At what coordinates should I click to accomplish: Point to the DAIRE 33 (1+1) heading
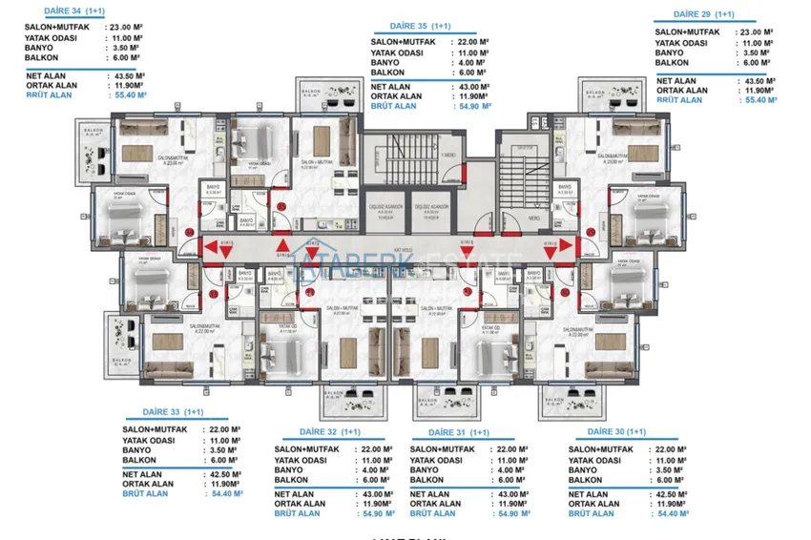point(165,412)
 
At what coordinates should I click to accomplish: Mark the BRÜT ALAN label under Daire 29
point(679,99)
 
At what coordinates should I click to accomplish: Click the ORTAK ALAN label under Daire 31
point(435,503)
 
